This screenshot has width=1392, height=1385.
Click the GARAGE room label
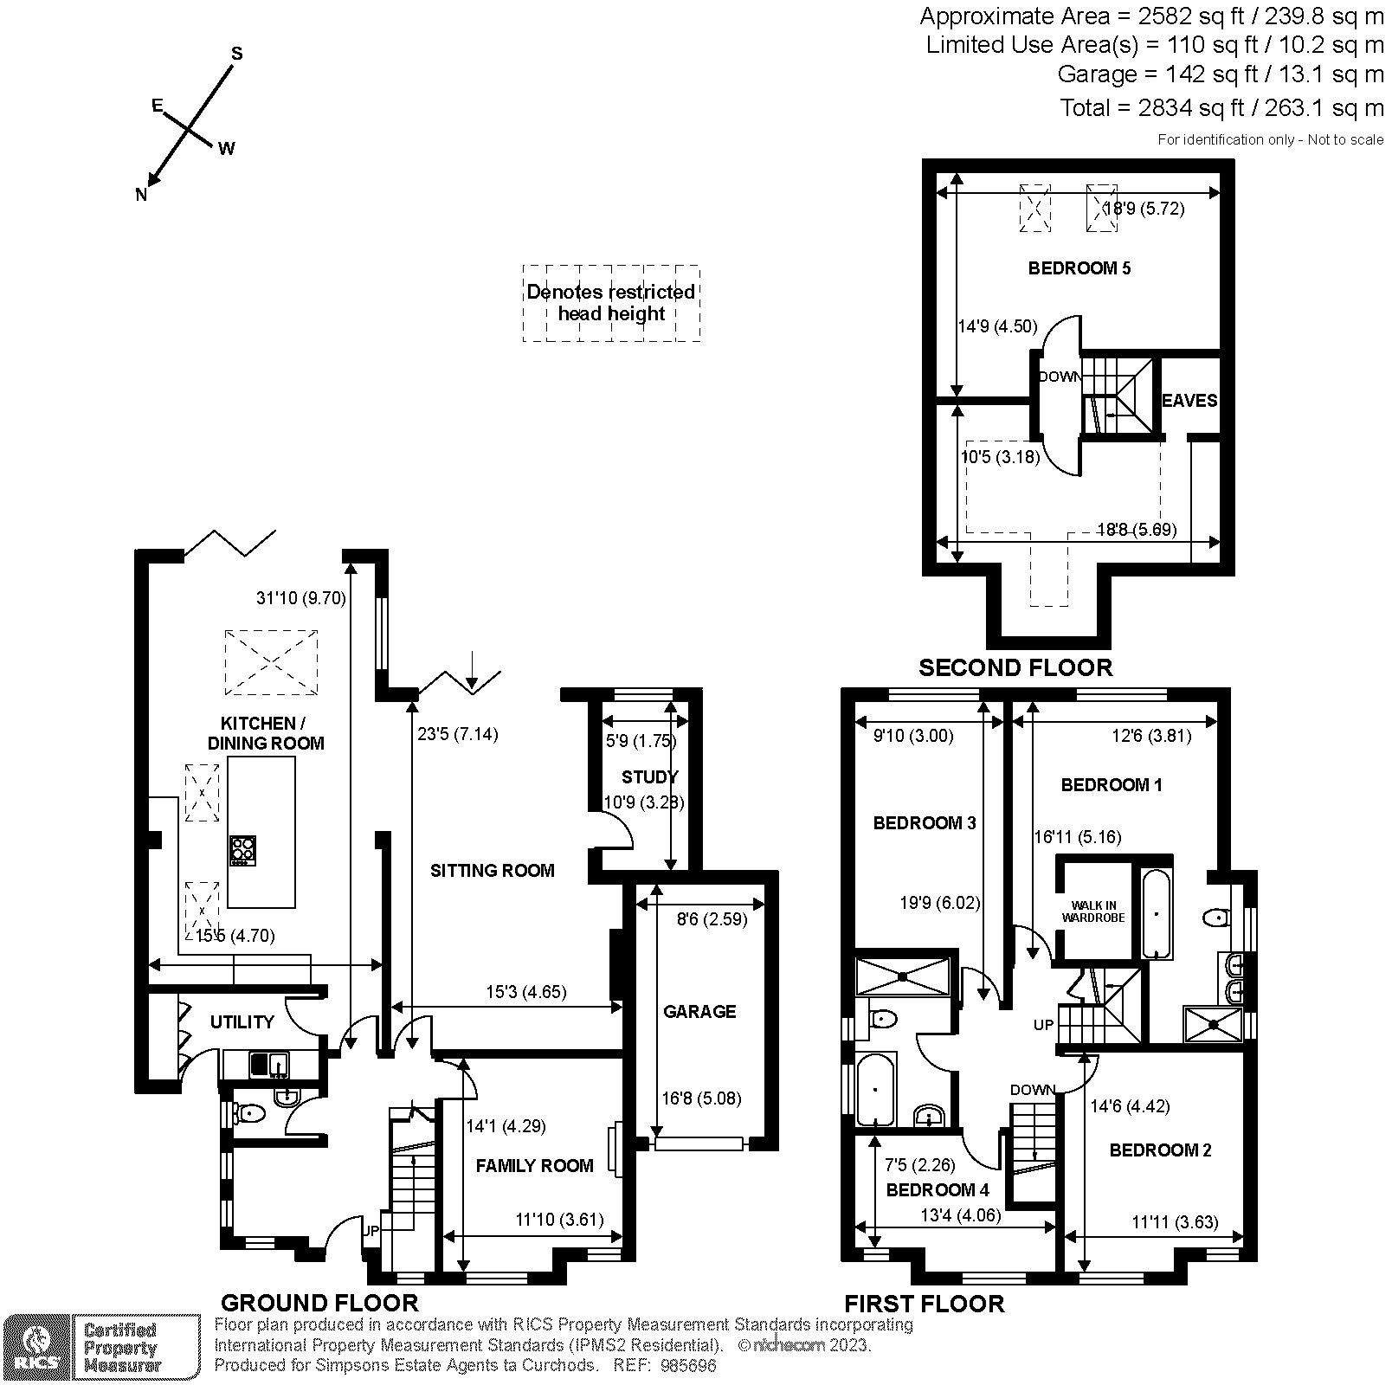coord(699,1011)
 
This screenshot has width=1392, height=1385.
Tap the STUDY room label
coord(649,776)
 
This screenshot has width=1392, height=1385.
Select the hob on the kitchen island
coord(242,850)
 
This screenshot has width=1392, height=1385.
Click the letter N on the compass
coord(141,195)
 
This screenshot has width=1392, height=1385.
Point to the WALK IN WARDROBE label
coord(1093,912)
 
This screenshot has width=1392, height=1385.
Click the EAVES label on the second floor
coord(1189,400)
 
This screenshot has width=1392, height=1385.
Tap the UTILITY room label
coord(242,1022)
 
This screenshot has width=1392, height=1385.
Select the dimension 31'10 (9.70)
coord(300,597)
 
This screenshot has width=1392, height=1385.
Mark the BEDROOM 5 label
coord(1079,268)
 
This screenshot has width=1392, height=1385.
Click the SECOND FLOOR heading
coord(1015,667)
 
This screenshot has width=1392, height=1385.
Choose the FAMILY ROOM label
coord(534,1166)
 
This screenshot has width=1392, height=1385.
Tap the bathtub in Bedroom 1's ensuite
coord(1157,913)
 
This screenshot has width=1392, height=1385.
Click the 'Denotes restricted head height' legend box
coord(611,303)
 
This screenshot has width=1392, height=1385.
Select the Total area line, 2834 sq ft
coord(1221,108)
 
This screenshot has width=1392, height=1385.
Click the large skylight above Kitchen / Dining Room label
coord(271,662)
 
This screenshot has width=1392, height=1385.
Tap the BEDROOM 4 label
coord(937,1190)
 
